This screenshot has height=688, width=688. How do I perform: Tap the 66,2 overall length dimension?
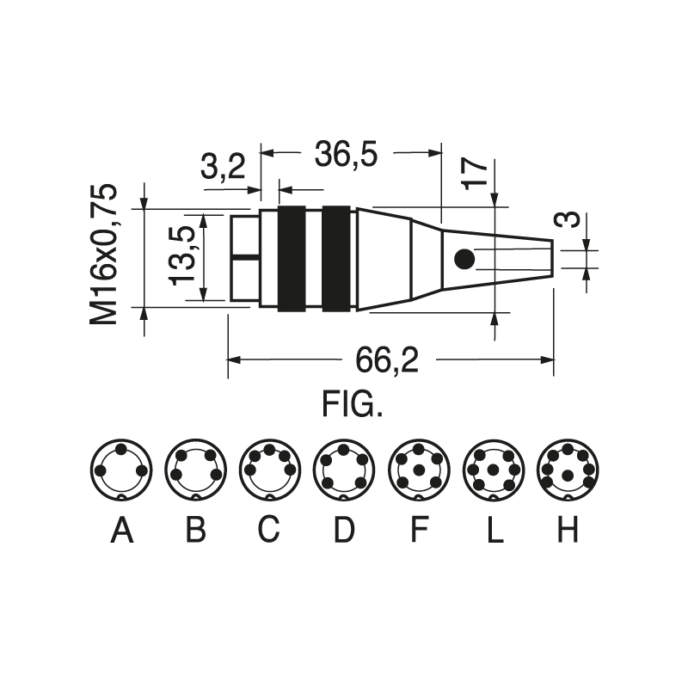click(x=387, y=360)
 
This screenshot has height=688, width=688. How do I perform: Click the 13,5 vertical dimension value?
click(x=182, y=257)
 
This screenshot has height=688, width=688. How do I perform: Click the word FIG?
click(x=352, y=404)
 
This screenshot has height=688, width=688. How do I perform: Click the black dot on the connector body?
click(x=464, y=258)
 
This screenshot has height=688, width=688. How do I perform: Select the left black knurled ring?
click(x=292, y=258)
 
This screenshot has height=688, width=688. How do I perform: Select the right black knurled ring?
click(x=336, y=258)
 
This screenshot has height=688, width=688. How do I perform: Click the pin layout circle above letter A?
click(x=121, y=470)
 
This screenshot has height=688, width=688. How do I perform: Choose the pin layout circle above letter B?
click(x=195, y=470)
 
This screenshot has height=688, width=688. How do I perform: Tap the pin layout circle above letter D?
click(x=343, y=470)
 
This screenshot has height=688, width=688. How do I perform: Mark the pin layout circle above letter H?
click(x=567, y=470)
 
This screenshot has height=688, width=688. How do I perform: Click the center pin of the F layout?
click(x=418, y=470)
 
